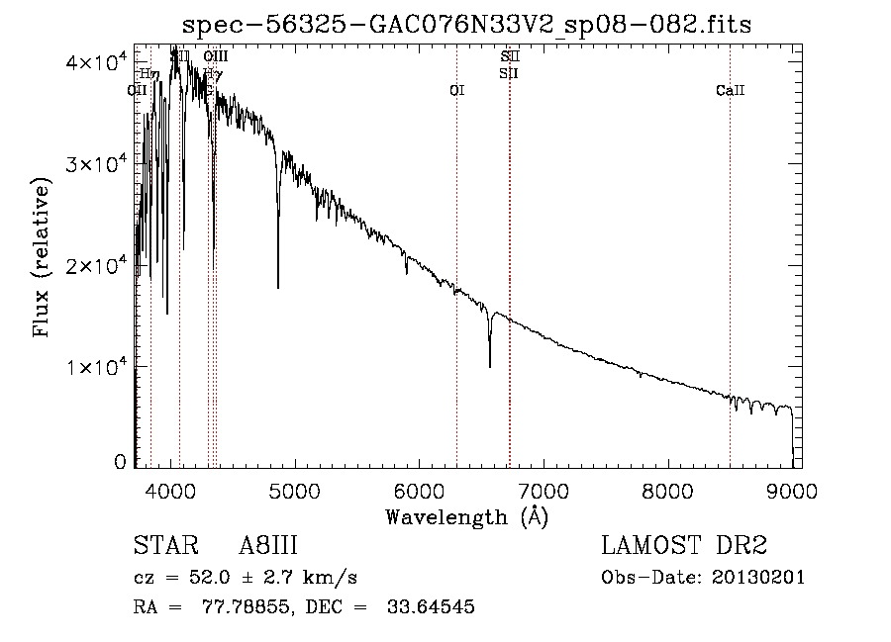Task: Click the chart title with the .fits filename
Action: click(468, 25)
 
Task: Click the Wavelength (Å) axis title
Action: click(466, 516)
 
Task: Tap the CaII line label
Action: click(730, 91)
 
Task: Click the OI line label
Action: click(456, 91)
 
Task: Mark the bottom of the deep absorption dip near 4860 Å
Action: click(277, 287)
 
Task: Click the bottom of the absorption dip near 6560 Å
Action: click(489, 367)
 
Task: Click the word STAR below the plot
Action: click(159, 546)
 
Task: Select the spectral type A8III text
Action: click(268, 546)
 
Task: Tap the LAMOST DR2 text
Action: click(684, 546)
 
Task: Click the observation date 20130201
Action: click(759, 578)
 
